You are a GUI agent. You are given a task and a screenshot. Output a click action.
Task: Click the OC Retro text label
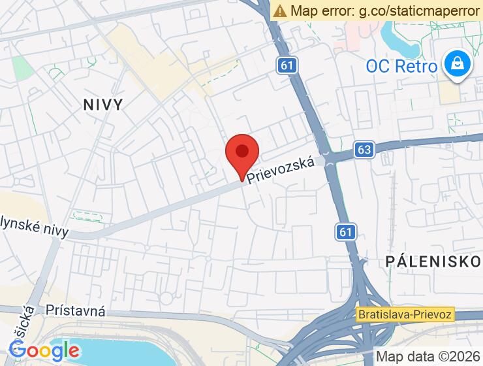401,65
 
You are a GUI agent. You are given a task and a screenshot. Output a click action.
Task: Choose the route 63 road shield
364,150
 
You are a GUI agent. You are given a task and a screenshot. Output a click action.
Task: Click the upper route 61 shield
285,64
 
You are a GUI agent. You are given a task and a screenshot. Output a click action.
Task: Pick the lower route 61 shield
347,231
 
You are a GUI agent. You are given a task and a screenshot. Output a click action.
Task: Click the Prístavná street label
76,311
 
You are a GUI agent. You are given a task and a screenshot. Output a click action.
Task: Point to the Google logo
44,351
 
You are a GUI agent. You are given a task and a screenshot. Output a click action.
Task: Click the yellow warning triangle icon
280,10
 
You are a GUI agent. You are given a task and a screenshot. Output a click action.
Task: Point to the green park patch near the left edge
21,67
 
